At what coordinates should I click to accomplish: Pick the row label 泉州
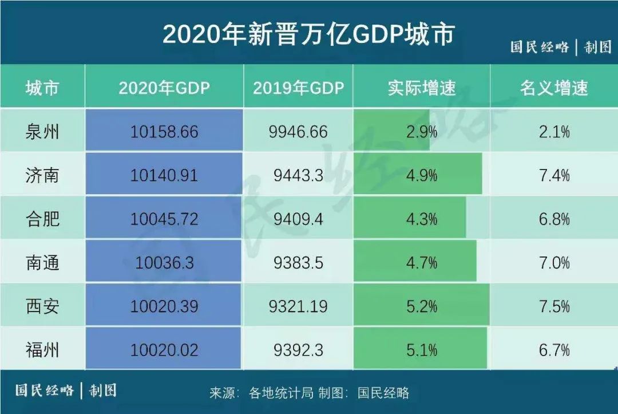click(x=42, y=132)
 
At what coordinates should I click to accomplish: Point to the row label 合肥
click(x=42, y=219)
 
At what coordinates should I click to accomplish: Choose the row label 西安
click(x=42, y=306)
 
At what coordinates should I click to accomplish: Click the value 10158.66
click(x=164, y=132)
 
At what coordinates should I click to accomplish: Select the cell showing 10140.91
click(x=164, y=175)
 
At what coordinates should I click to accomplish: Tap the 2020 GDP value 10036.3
click(x=164, y=262)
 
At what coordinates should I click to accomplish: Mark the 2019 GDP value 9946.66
click(x=298, y=132)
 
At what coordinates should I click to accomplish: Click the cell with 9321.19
click(x=298, y=306)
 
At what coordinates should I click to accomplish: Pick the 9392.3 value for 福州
click(x=298, y=349)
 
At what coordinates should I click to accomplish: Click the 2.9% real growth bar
click(x=395, y=132)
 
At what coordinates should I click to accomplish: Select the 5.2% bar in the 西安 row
click(x=421, y=306)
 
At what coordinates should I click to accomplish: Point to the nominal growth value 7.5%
click(x=554, y=306)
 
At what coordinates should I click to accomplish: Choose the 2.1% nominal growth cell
click(x=554, y=132)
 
